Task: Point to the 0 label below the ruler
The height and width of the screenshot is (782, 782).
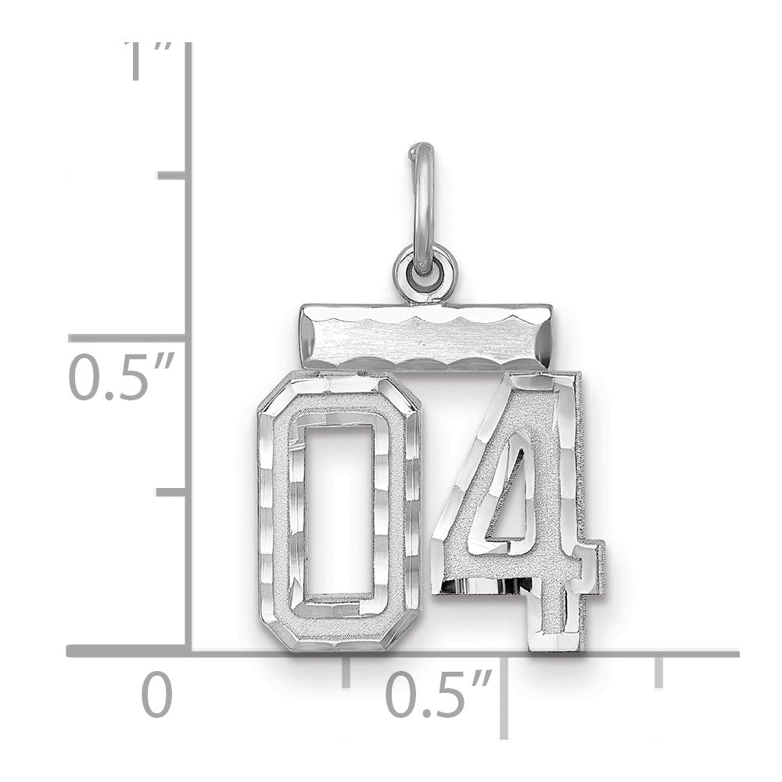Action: (x=156, y=696)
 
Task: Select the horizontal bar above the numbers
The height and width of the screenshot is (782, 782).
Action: (x=425, y=337)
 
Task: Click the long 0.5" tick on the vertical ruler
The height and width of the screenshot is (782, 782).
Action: (x=129, y=338)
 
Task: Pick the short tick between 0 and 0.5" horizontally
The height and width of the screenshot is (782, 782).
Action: (x=346, y=671)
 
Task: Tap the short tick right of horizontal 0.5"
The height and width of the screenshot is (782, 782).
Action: (x=658, y=671)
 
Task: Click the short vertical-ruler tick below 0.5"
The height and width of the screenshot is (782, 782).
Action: (x=172, y=492)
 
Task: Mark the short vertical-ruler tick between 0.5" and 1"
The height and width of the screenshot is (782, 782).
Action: (x=172, y=175)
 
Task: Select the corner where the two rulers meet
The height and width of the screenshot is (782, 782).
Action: (x=188, y=651)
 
